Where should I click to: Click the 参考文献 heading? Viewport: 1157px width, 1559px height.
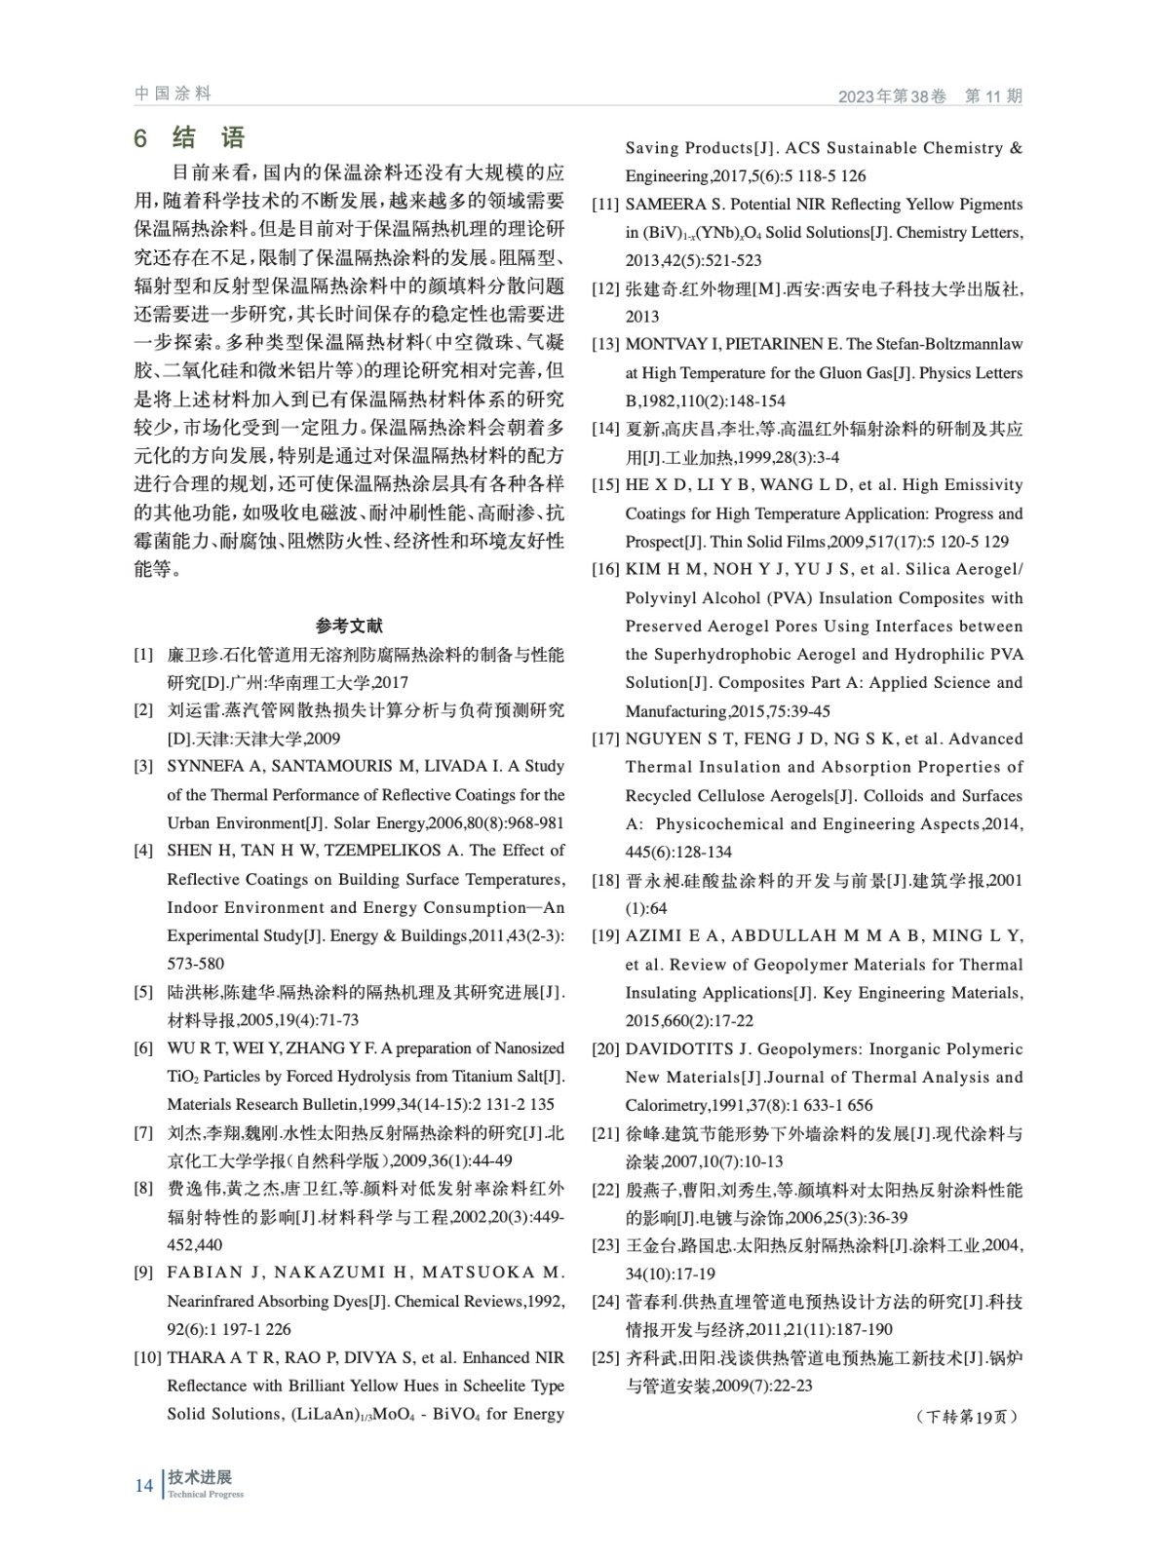point(349,626)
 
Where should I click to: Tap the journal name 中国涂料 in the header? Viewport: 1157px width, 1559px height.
point(173,94)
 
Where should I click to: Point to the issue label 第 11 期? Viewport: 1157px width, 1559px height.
point(993,96)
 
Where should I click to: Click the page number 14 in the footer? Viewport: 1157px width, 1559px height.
point(143,1486)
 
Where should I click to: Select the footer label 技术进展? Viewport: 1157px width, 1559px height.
point(200,1477)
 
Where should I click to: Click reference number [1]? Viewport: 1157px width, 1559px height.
point(143,654)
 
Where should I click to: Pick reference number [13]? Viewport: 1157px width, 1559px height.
point(605,344)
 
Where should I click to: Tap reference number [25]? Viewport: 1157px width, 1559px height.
point(605,1358)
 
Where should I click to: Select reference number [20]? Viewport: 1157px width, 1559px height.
point(605,1049)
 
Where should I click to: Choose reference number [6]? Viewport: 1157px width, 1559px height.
point(143,1048)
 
